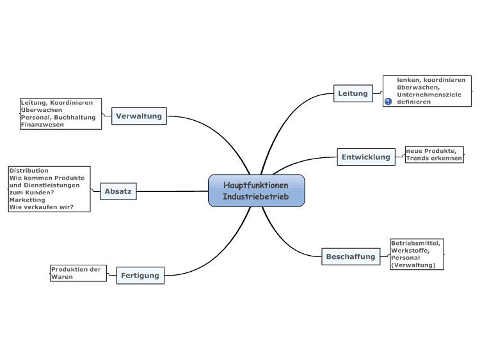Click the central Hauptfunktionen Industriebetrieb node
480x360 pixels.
coord(256,191)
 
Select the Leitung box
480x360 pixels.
coord(353,93)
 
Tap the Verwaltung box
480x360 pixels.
coord(139,116)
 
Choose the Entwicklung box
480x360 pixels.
coord(366,157)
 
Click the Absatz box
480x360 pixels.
coord(118,191)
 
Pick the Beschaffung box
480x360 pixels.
coord(351,256)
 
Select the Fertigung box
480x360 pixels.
coord(140,276)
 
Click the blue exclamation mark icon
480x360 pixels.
coord(388,102)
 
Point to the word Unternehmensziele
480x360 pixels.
coord(429,95)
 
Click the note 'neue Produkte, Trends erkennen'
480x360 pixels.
coord(434,155)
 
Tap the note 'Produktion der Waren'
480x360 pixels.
coord(78,273)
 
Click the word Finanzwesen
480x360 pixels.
coord(42,125)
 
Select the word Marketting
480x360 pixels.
coord(27,200)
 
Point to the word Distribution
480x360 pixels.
coord(29,170)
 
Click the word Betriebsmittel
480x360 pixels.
coord(415,243)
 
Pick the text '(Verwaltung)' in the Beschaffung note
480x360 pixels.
coord(413,265)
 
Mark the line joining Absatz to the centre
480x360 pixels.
coord(172,191)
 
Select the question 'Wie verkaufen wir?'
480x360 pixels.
coord(42,207)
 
